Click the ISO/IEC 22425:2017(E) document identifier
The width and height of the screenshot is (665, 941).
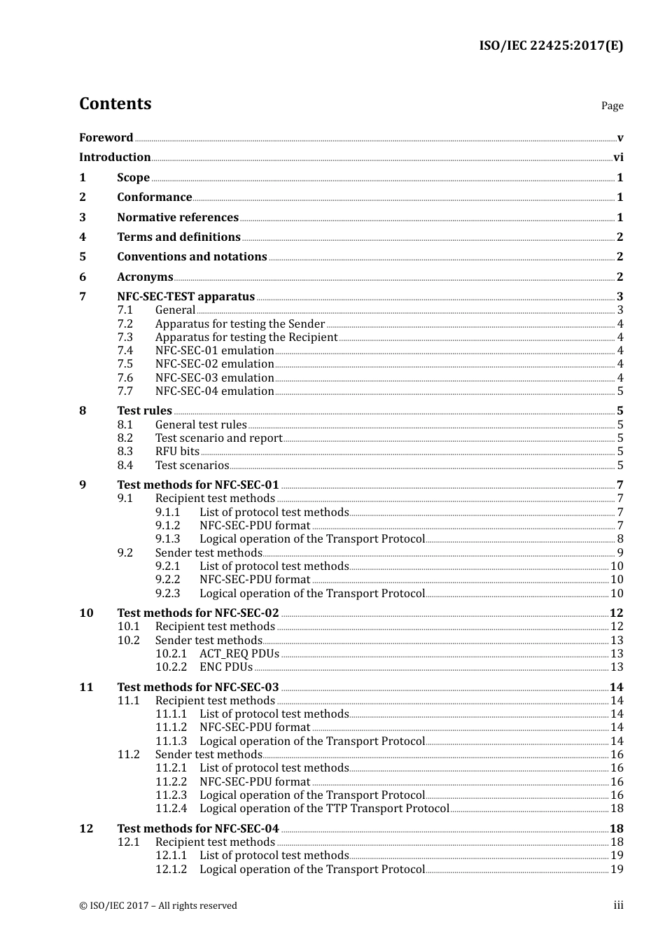551,46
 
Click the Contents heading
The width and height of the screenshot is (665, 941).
115,104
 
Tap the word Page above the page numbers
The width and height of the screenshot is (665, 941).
612,106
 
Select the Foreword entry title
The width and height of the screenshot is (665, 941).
106,138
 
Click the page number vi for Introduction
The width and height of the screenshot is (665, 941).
618,158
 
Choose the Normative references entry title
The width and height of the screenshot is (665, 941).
178,218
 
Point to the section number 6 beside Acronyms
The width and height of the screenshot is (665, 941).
83,277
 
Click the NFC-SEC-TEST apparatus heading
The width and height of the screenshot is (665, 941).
185,297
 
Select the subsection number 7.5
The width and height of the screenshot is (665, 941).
125,364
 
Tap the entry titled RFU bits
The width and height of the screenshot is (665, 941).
177,452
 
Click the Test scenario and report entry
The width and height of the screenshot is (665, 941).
218,438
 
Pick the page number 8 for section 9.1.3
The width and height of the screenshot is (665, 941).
620,539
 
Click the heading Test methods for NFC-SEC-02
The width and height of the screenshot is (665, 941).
197,613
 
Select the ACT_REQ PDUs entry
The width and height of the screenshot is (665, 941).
239,654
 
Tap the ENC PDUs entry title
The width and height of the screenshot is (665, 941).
225,667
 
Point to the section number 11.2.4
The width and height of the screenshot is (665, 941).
171,809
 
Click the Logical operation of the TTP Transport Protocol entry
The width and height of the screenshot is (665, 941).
324,809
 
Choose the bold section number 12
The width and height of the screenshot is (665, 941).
86,829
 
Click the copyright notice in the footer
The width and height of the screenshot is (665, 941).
158,906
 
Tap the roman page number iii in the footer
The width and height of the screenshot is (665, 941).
618,905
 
